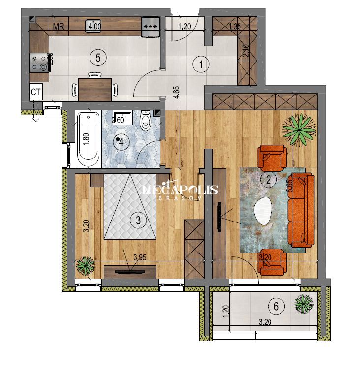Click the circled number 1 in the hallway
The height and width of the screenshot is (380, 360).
pos(201,63)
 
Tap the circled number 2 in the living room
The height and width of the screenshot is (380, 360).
pos(269,180)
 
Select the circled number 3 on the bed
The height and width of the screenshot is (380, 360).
pos(138,220)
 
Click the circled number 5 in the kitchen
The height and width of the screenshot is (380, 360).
pos(98,58)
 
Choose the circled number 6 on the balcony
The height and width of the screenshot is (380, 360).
pos(276,306)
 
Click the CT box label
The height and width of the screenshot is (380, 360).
pos(35,91)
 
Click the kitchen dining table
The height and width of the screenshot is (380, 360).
pos(94,89)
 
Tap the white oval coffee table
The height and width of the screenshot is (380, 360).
pos(265,211)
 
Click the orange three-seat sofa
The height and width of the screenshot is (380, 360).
pos(301,210)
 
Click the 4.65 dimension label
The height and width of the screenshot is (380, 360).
pos(176,92)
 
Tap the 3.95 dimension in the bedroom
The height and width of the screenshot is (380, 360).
pos(142,256)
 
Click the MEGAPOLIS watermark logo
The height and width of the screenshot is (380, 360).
pos(180,191)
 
